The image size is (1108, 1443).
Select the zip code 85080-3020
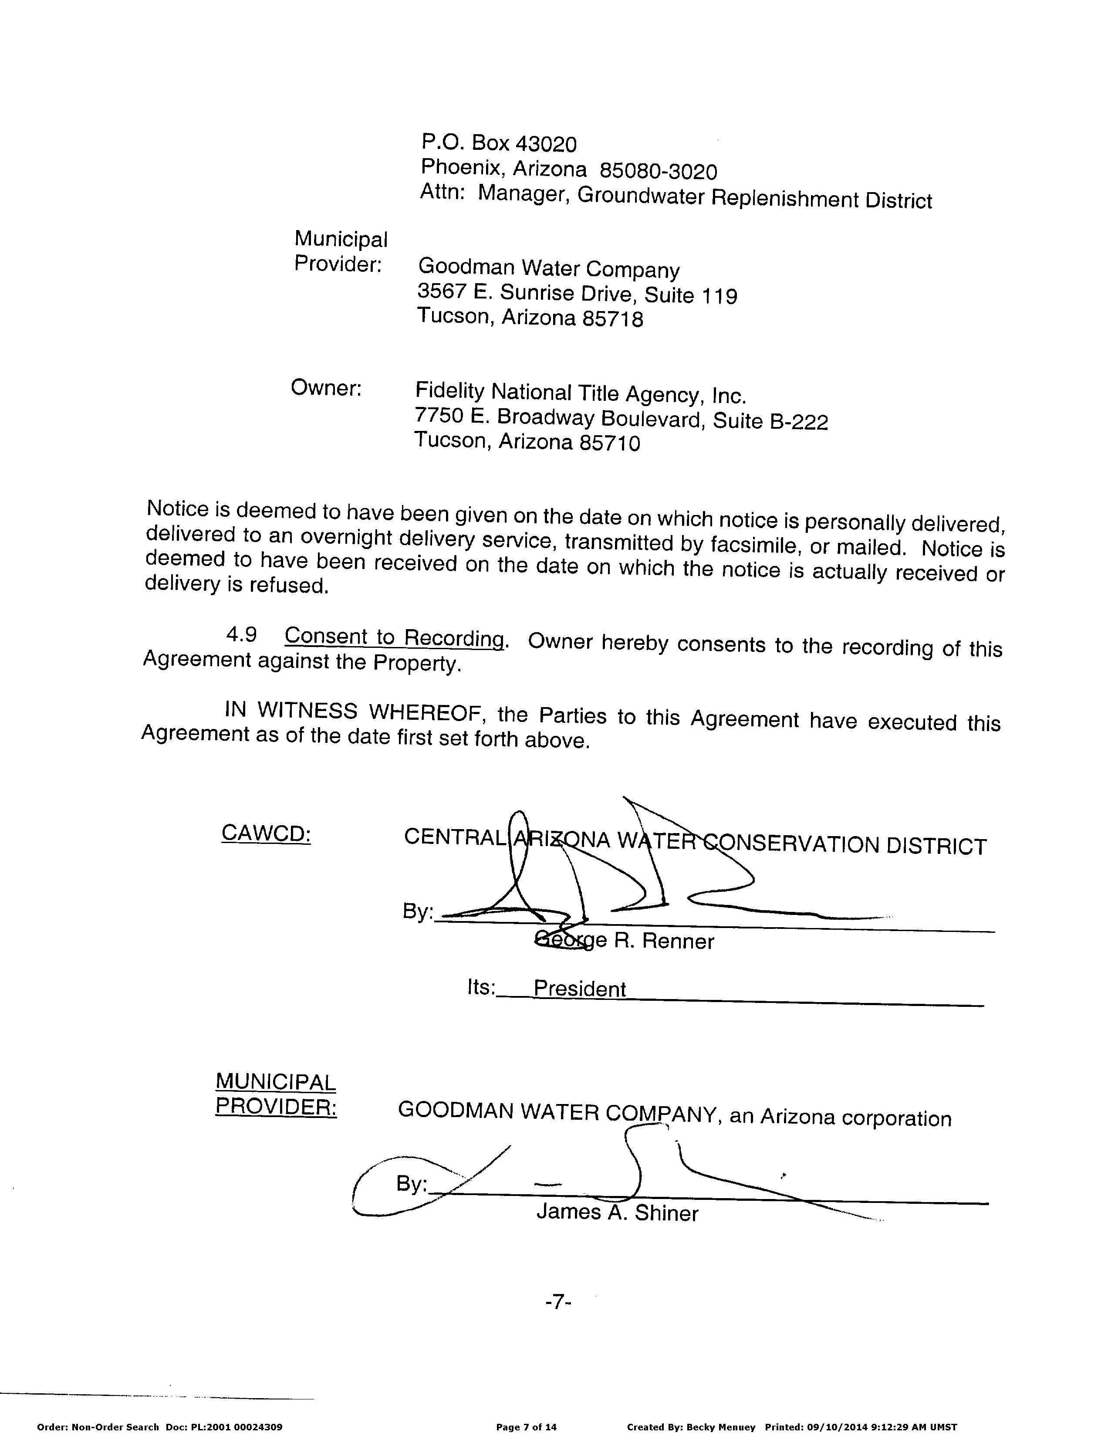tap(658, 172)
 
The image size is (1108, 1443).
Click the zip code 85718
tap(611, 319)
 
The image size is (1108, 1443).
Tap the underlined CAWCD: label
tap(266, 833)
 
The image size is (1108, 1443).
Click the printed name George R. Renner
tap(625, 940)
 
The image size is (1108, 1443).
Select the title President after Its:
tap(579, 989)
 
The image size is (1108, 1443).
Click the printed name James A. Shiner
tap(617, 1213)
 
